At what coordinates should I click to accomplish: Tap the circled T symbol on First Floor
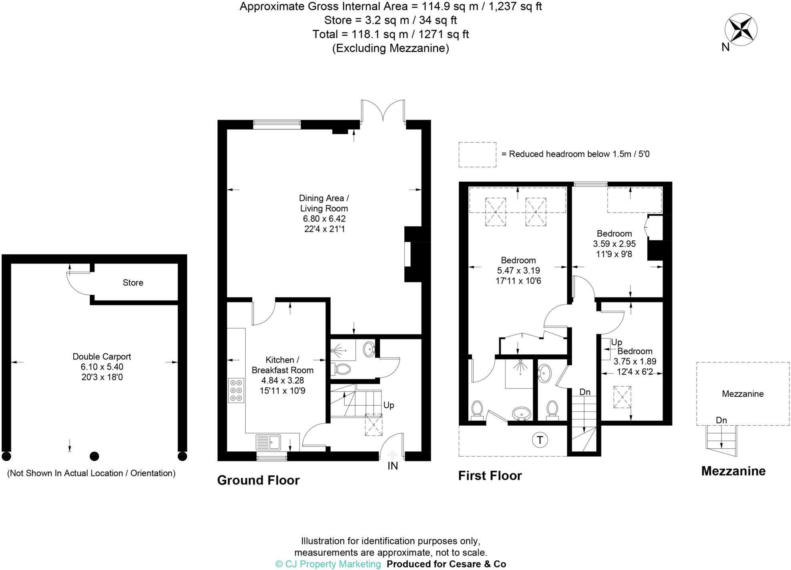click(540, 440)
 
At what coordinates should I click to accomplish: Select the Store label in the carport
click(133, 283)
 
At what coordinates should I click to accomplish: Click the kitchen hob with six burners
click(236, 390)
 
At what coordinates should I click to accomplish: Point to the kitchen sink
click(269, 442)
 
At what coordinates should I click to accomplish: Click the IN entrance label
click(393, 466)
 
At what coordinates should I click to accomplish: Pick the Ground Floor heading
click(258, 480)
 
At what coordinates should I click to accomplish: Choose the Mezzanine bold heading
click(733, 471)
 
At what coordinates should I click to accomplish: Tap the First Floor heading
click(490, 476)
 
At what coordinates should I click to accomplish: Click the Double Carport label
click(102, 356)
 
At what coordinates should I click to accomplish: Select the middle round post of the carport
click(94, 456)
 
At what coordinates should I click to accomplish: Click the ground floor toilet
click(341, 368)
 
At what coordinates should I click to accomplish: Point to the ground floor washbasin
click(369, 349)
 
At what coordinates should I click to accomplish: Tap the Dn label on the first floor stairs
click(585, 392)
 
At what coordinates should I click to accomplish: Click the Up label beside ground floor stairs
click(389, 405)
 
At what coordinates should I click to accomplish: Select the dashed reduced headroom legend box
click(477, 154)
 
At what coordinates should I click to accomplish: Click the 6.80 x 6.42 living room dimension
click(324, 219)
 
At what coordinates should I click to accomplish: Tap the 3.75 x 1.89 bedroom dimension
click(634, 362)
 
